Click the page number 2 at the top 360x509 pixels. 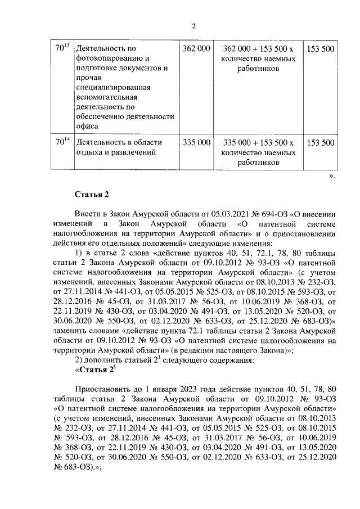pyautogui.click(x=193, y=26)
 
